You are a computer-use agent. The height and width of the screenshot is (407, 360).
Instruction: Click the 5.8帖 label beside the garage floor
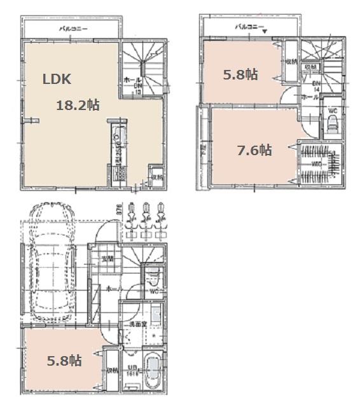(x=64, y=361)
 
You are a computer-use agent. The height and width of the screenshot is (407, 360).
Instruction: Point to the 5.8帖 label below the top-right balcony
(x=240, y=74)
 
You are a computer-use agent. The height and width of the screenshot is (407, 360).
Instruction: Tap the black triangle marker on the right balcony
(x=266, y=31)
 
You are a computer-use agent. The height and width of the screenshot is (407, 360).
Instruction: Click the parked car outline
(x=51, y=267)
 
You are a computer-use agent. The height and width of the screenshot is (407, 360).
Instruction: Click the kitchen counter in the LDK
(x=118, y=149)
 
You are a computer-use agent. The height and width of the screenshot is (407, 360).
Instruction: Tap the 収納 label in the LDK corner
(x=156, y=177)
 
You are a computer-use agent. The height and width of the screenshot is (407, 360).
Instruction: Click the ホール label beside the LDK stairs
(x=129, y=81)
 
